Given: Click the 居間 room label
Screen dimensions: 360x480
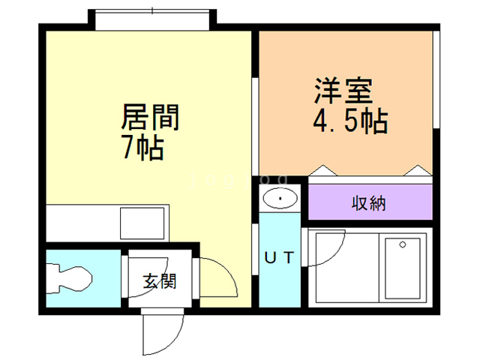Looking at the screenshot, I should (150, 118).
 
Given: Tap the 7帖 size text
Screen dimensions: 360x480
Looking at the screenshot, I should (142, 148).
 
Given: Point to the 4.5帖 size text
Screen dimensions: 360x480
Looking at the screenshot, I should (349, 121).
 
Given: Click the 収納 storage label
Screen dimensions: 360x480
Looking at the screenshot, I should (369, 202).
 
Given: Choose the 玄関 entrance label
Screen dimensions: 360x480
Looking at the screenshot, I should (160, 282).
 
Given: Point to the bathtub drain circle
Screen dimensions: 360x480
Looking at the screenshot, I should (402, 244).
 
